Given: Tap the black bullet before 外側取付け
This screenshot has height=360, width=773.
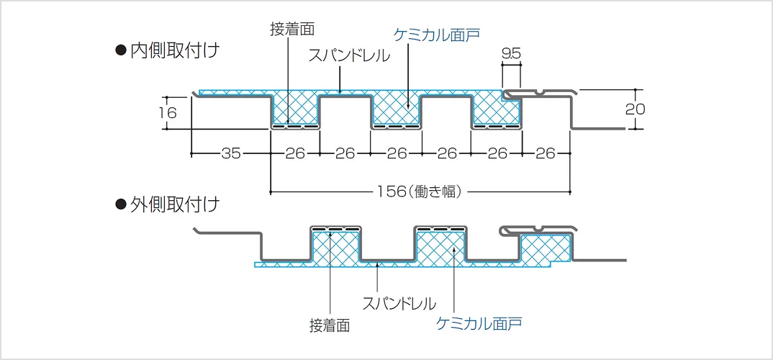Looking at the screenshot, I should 121,204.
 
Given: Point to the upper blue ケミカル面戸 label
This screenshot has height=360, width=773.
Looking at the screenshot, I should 437,34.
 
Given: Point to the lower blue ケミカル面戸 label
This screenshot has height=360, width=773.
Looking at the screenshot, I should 479,323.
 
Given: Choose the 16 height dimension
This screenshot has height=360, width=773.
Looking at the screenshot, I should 168,112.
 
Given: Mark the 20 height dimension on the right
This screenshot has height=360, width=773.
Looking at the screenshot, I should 636,109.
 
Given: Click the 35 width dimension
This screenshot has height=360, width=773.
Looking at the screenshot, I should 230,153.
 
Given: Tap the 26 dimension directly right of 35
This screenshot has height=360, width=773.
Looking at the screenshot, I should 295,153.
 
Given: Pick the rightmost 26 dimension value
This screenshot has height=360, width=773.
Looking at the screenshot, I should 546,153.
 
